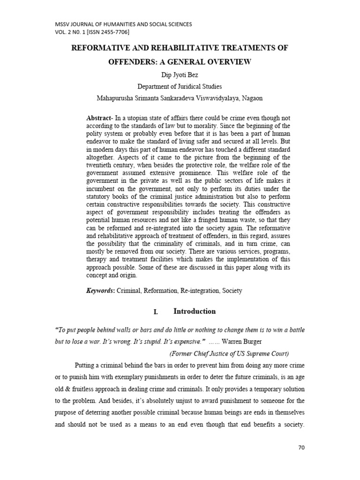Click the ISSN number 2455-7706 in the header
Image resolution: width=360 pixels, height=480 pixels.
pyautogui.click(x=112, y=32)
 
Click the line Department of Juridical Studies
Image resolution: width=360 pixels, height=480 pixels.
pyautogui.click(x=180, y=86)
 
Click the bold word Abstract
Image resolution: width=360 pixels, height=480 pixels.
pyautogui.click(x=99, y=118)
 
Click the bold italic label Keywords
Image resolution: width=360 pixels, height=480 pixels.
pyautogui.click(x=100, y=291)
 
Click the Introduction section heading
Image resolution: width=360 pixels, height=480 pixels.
pyautogui.click(x=195, y=311)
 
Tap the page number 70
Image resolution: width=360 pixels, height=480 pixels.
pyautogui.click(x=301, y=448)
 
